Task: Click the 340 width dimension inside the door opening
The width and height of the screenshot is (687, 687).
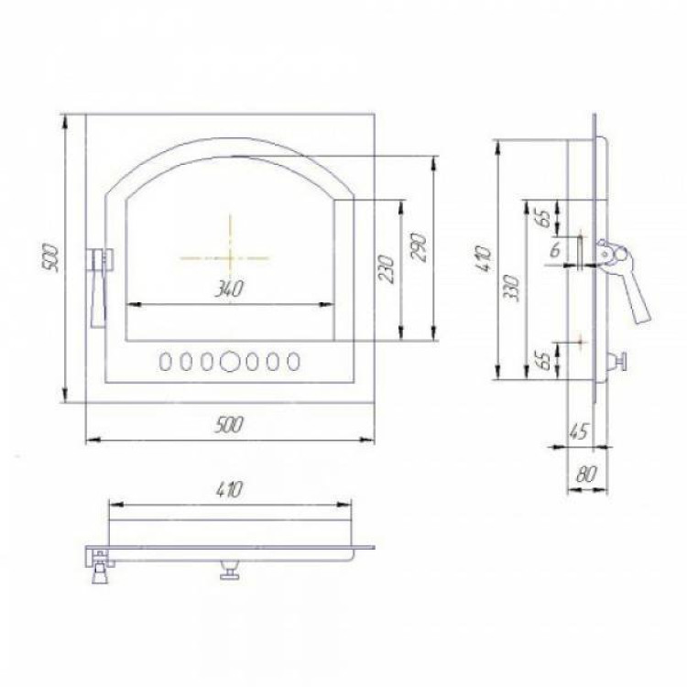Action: click(x=229, y=289)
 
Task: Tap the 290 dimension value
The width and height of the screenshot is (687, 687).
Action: click(x=419, y=247)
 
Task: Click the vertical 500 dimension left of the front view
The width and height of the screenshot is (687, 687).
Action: click(x=51, y=258)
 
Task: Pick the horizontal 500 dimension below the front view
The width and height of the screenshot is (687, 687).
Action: click(x=229, y=424)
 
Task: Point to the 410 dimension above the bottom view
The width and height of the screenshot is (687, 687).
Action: click(x=229, y=490)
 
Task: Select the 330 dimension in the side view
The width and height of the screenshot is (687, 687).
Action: click(x=511, y=288)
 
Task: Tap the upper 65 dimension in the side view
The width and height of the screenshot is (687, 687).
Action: click(x=544, y=218)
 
